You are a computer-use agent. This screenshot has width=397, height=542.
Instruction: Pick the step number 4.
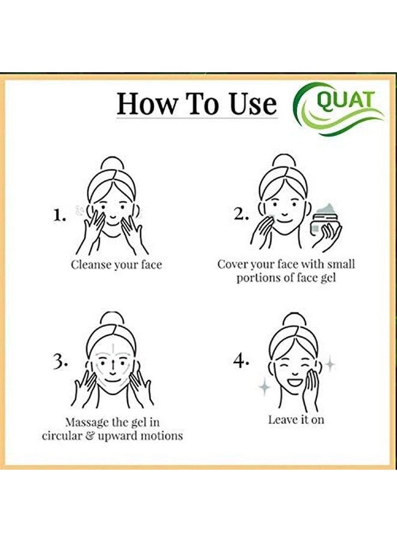coord(241,361)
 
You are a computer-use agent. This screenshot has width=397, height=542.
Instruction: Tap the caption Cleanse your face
coord(116,264)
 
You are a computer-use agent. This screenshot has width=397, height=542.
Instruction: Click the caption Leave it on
coord(296,420)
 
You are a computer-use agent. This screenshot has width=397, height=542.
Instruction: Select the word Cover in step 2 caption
coord(233,264)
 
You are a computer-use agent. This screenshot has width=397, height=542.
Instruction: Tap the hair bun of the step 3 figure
coord(112,319)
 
